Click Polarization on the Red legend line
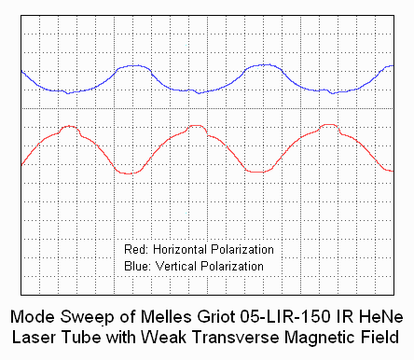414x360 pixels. coord(242,249)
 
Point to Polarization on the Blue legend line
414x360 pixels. coord(232,266)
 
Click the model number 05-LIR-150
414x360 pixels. coord(285,317)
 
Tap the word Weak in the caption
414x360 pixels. coord(164,337)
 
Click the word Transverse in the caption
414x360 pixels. coord(235,337)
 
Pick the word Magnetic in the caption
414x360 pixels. coord(321,338)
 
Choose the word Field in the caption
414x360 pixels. coord(379,337)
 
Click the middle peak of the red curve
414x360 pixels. coord(197,126)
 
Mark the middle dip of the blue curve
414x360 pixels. coord(199,93)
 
